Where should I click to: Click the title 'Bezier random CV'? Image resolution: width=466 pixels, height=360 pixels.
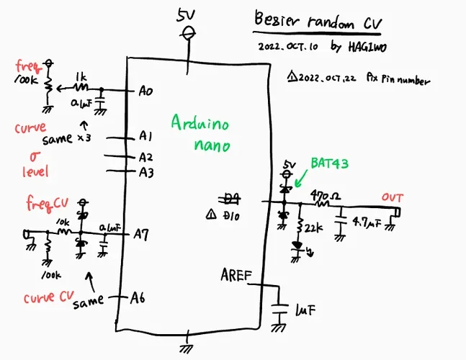coord(317,21)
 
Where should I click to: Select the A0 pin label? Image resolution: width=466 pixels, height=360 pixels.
coord(145,91)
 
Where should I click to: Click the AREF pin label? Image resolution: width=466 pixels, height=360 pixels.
coord(236,275)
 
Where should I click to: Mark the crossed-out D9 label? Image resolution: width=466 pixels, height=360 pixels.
coord(231,198)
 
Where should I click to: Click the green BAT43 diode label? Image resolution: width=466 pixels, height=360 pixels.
coord(329,164)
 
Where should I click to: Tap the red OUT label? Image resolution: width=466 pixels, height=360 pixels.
coord(393,197)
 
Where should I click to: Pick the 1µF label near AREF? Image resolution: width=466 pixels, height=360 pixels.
coord(305,310)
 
